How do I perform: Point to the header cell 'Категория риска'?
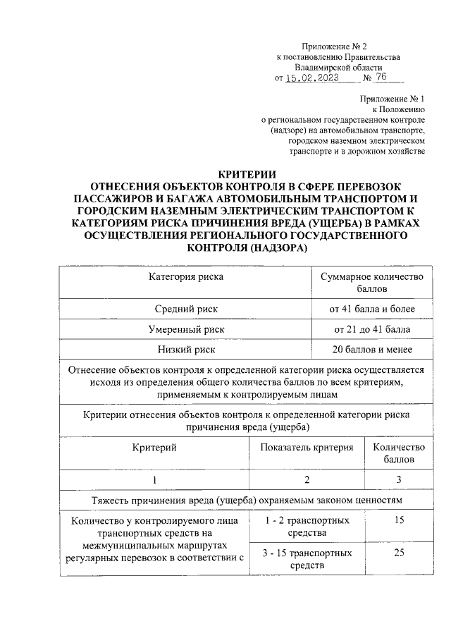[x=185, y=277]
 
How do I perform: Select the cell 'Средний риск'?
[x=185, y=309]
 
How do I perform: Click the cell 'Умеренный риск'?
[x=185, y=329]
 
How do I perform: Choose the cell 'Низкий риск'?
[x=185, y=350]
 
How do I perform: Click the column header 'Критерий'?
[x=154, y=447]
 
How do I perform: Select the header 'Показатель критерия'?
[x=306, y=447]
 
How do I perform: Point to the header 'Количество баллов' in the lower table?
[x=398, y=453]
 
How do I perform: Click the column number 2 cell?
[x=306, y=480]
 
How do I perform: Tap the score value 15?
[x=398, y=521]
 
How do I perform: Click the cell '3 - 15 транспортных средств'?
[x=306, y=560]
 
